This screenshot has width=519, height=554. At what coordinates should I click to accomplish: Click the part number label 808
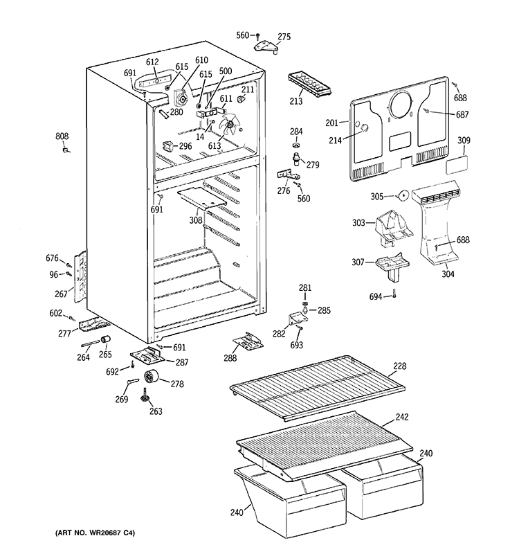coord(62,136)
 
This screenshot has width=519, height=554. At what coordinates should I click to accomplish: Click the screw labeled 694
coord(393,296)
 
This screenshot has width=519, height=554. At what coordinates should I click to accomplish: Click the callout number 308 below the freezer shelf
coord(197,220)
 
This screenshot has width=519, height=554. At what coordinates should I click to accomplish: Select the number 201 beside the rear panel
coord(333,123)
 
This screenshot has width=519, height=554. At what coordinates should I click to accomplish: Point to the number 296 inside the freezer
coord(185,146)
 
